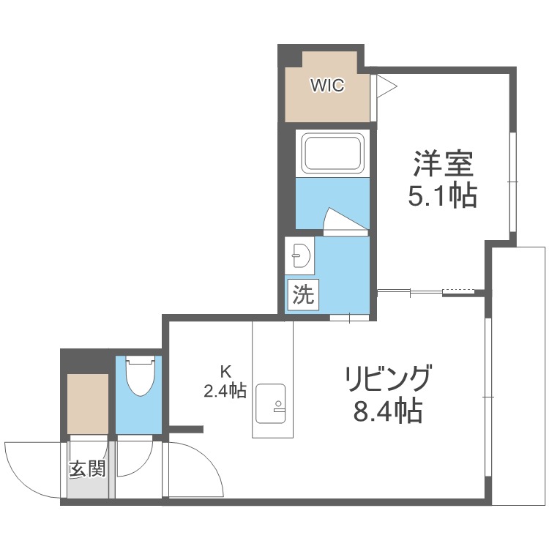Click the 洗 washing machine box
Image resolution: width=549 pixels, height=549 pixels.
click(302, 296)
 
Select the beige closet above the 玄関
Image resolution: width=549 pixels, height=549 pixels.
click(88, 404)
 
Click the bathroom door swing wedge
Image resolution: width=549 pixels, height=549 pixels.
click(342, 220)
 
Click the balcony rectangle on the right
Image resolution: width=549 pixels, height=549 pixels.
click(519, 375)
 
